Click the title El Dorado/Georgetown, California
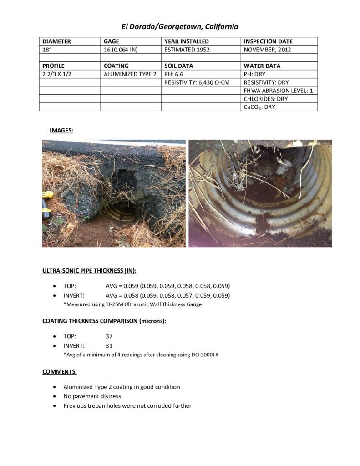(x=179, y=27)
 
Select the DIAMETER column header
(x=56, y=41)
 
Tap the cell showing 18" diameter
(x=46, y=50)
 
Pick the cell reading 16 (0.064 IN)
(x=121, y=50)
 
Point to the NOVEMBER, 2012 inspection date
(x=267, y=50)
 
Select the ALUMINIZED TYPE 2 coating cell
(x=130, y=74)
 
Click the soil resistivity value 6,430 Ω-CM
(x=200, y=82)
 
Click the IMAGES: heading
(x=61, y=131)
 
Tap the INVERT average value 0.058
(x=130, y=295)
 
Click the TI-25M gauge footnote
(x=132, y=304)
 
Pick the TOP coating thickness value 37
(x=109, y=336)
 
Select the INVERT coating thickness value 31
(x=109, y=345)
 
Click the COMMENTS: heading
(x=59, y=371)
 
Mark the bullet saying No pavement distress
(x=92, y=396)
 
